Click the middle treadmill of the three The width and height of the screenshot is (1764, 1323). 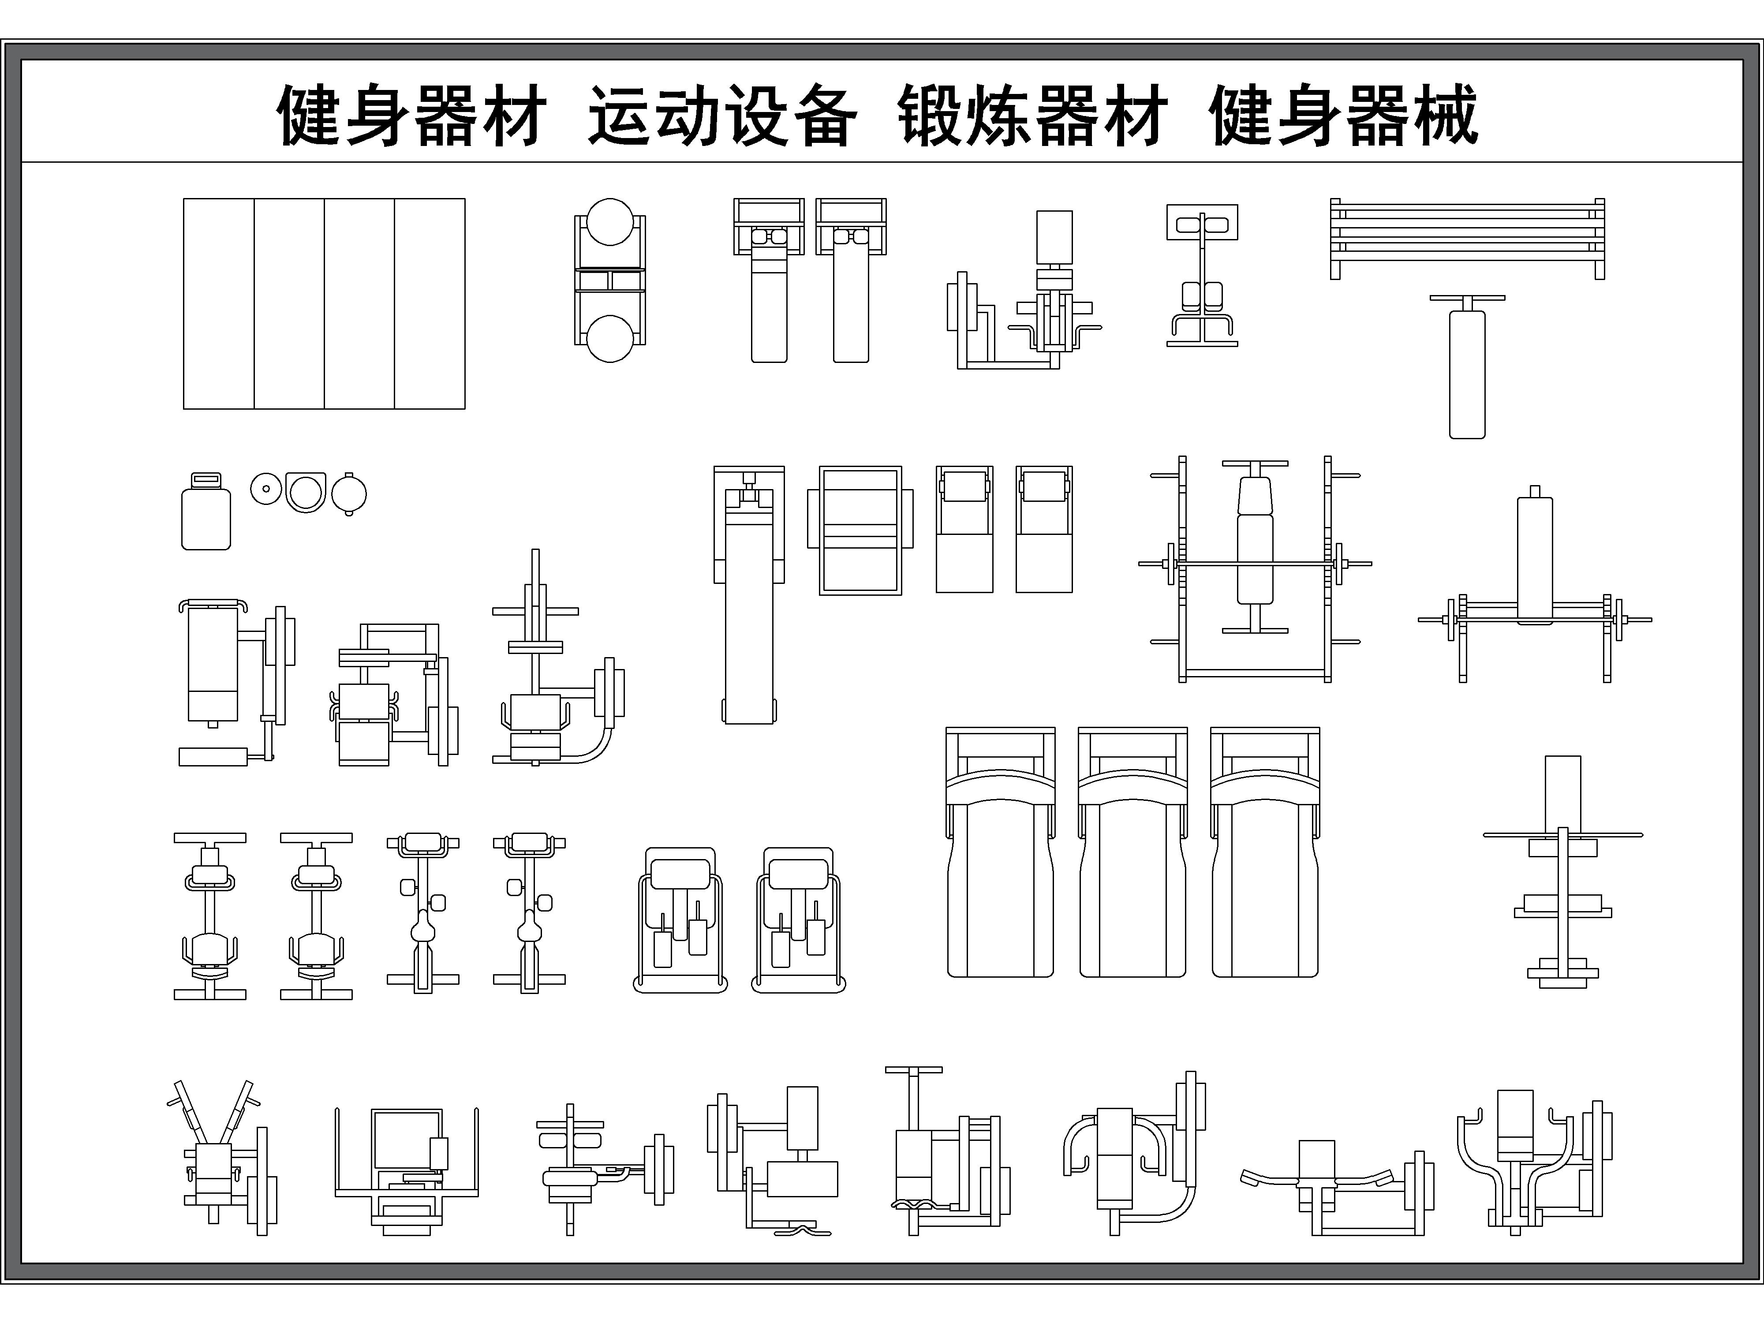point(1132,853)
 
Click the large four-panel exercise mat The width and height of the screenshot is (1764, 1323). point(324,304)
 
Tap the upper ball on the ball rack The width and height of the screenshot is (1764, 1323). point(610,222)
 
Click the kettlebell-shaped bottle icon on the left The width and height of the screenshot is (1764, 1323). point(206,512)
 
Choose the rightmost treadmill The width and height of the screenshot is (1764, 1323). point(1265,853)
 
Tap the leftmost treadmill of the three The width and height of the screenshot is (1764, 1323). point(1000,853)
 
